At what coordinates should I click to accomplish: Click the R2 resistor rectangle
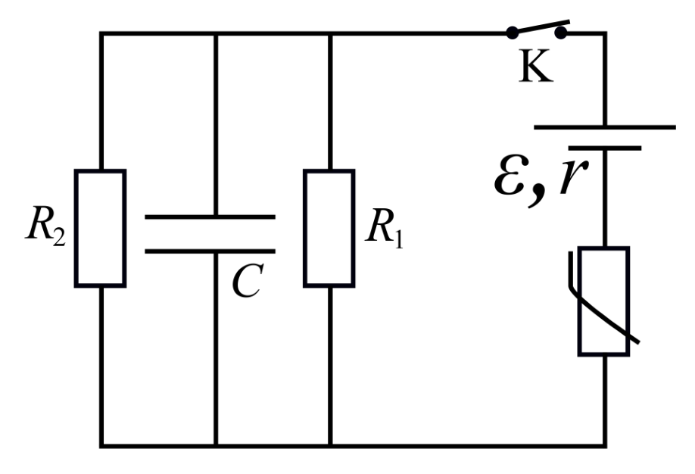click(101, 229)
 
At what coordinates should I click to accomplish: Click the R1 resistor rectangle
click(329, 229)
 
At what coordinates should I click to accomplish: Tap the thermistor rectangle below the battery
click(603, 301)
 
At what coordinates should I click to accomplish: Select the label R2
click(46, 225)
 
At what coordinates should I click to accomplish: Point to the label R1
click(385, 227)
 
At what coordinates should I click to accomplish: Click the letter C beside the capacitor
click(248, 281)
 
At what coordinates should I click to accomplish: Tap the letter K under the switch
click(535, 66)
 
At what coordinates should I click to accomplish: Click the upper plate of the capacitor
click(210, 217)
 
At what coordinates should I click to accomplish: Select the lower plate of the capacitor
click(210, 251)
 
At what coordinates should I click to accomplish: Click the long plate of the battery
click(605, 127)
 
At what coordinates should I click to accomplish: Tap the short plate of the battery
click(605, 148)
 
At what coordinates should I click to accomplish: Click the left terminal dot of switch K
click(512, 33)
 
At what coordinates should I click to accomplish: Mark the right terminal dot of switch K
click(561, 33)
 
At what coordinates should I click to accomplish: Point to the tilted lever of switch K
click(541, 27)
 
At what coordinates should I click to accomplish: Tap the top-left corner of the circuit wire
click(101, 33)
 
